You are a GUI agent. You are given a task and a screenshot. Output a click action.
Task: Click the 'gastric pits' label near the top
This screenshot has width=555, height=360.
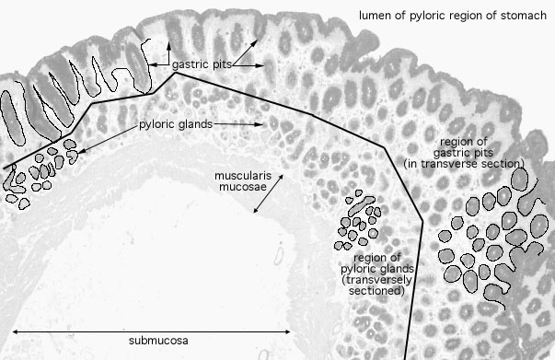coord(202,64)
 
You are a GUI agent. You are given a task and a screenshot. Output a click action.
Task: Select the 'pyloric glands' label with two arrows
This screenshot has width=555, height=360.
coord(176,124)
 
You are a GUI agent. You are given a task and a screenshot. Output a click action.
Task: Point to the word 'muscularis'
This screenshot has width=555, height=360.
coord(243,176)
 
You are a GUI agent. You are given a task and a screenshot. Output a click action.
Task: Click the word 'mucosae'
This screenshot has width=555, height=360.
coord(243,187)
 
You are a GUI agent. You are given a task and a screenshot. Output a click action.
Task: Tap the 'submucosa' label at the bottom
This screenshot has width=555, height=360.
coord(158,341)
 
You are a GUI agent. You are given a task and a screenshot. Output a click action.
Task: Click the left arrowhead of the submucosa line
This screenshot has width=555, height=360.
coord(16,331)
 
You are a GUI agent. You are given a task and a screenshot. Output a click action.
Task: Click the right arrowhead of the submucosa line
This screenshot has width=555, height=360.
coord(287,331)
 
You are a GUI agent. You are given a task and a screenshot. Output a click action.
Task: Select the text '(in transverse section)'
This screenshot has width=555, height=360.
coord(464,164)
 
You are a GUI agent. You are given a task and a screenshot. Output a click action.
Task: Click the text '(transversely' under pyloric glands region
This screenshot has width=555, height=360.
coord(376,280)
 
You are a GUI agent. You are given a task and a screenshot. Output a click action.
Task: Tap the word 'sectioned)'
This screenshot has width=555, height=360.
coord(376,291)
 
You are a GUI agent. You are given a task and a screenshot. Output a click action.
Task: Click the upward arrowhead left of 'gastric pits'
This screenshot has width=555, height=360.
coord(168,45)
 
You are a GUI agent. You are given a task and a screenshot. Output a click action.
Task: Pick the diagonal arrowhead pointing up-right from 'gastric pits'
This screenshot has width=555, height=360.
coord(255,42)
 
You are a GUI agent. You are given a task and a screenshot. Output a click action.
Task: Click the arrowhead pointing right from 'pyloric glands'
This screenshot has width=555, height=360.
coord(260,124)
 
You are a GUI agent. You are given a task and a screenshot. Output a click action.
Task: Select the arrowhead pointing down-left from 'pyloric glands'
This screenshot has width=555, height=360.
coord(80,152)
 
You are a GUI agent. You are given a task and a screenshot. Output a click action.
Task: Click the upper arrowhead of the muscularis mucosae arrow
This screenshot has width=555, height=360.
coord(281,177)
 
